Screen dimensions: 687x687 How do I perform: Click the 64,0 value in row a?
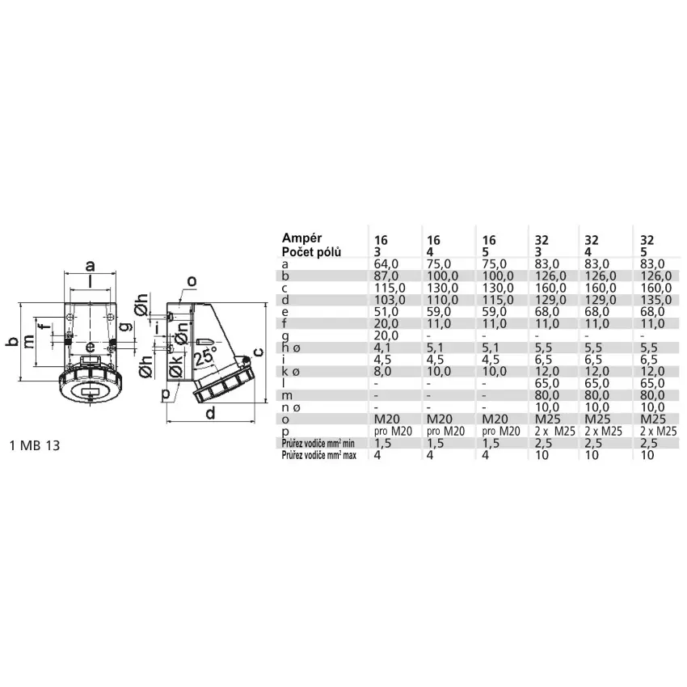[386, 264]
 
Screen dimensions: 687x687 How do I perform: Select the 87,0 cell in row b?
[386, 276]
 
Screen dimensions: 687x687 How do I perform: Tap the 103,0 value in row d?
[390, 300]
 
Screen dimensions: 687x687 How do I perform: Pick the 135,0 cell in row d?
[656, 300]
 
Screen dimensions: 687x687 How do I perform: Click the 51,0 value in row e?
[386, 312]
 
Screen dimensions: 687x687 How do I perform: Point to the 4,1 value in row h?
[382, 348]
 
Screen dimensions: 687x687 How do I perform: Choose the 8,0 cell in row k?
[382, 372]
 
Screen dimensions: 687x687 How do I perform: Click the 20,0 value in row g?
[386, 335]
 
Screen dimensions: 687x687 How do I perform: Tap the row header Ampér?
[302, 238]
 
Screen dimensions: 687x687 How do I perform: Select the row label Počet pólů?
[311, 252]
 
